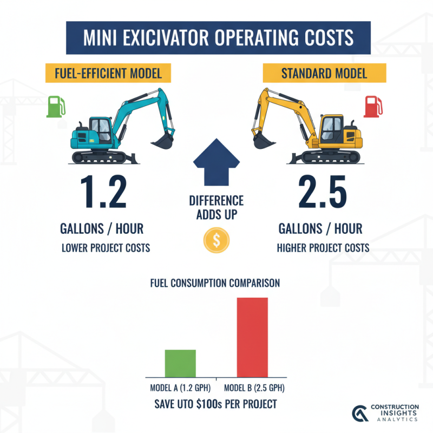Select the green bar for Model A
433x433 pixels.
[x=180, y=363]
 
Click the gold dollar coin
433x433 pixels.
[x=216, y=241]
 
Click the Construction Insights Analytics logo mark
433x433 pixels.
[x=358, y=413]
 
